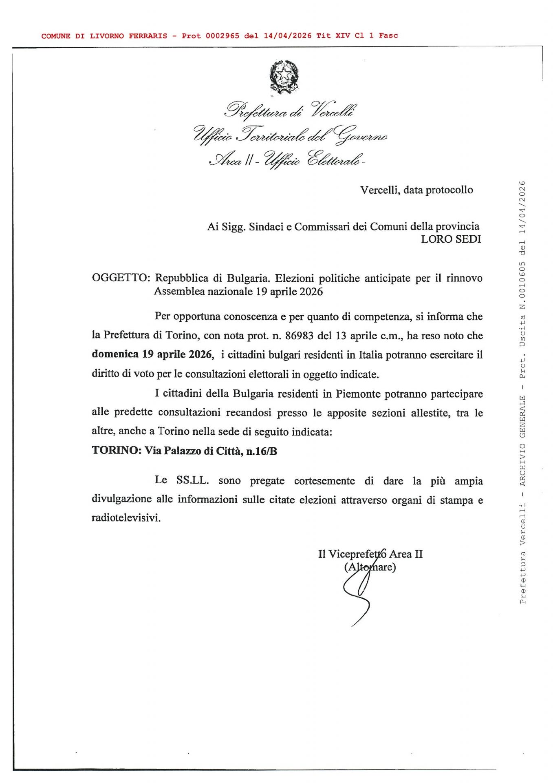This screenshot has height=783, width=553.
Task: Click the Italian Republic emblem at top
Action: click(x=284, y=76)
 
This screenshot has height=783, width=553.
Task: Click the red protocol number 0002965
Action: click(x=222, y=36)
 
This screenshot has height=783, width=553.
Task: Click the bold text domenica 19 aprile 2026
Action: click(x=152, y=354)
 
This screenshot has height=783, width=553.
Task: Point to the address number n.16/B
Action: click(x=262, y=451)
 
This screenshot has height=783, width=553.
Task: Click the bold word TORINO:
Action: click(x=117, y=451)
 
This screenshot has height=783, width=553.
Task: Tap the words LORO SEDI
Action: click(x=451, y=239)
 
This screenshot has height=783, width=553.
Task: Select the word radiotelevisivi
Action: click(x=126, y=518)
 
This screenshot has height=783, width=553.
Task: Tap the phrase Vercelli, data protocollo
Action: click(x=416, y=190)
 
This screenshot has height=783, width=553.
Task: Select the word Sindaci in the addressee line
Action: click(x=266, y=227)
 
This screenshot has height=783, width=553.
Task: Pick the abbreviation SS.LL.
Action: click(x=192, y=480)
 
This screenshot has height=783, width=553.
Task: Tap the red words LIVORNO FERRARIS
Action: click(x=128, y=36)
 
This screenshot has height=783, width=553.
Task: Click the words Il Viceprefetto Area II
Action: click(x=370, y=554)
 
